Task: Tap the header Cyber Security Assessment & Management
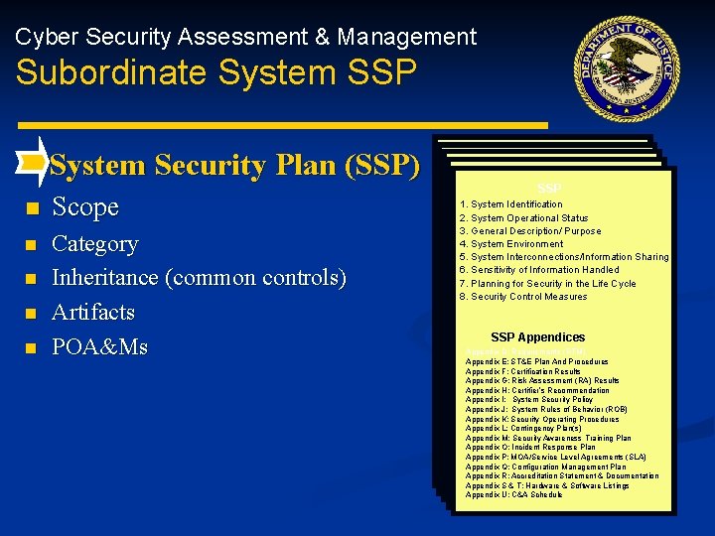coord(246,38)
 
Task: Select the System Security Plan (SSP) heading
coord(234,165)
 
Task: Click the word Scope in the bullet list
coord(85,207)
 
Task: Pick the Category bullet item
coord(95,244)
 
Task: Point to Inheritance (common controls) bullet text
coord(199,278)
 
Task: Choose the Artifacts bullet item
coord(93,313)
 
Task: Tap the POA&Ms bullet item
coord(99,347)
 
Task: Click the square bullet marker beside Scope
coord(32,209)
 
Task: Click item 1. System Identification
coord(510,204)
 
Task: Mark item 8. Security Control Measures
coord(522,297)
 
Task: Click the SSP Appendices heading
coord(537,337)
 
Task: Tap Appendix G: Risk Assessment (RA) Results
coord(542,380)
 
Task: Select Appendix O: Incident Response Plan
coord(530,447)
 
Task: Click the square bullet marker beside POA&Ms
coord(32,348)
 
